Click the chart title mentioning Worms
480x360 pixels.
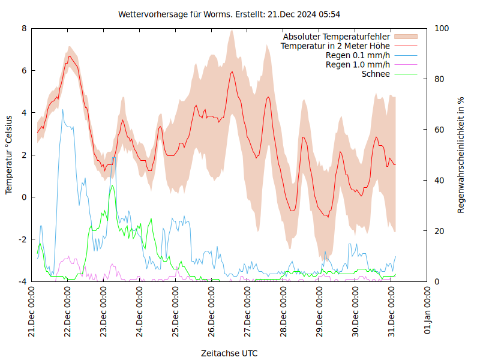tap(229, 14)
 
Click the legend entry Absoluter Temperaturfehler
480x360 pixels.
tap(337, 37)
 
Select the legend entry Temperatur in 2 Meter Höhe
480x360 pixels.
tap(335, 46)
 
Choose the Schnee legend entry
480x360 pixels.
tap(376, 74)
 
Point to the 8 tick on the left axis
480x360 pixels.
tap(24, 28)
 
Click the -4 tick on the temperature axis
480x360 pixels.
tap(22, 281)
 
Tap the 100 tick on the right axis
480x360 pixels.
tap(442, 28)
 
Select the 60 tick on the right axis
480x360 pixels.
tap(439, 130)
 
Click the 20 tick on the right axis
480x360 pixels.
tap(439, 231)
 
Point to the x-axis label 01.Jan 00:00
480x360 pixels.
tap(428, 313)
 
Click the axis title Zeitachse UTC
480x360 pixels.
tap(229, 353)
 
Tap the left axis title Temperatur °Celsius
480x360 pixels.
tap(9, 154)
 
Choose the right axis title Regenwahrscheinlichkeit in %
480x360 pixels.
tap(461, 154)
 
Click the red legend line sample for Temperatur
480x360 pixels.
tap(406, 46)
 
